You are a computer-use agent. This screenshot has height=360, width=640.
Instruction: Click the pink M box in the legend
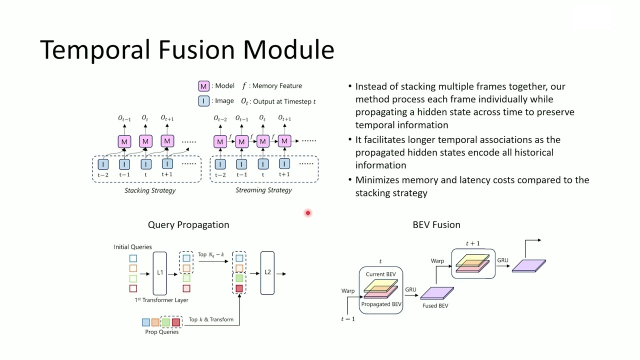coord(203,86)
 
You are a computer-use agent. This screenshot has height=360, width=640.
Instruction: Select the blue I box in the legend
coord(203,101)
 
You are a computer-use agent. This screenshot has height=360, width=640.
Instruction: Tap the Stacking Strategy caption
coord(150,190)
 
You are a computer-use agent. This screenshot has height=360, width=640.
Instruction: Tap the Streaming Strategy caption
coord(263,190)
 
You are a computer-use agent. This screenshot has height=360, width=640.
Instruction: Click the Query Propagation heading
coord(188,225)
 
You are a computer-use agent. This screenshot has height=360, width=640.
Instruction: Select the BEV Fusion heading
coord(436,225)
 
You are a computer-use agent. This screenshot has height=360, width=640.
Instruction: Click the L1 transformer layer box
coord(160,273)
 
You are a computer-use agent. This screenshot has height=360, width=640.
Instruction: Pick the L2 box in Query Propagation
coord(267,273)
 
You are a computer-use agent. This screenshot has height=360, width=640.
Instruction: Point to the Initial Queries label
coord(132,247)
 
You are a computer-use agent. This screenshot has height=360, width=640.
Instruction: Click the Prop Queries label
coord(161,332)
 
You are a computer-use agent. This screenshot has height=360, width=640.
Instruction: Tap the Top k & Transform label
coord(211,319)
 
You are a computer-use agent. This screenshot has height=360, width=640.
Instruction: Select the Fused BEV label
coord(435,306)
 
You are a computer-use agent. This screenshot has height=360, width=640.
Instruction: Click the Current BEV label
coord(380,274)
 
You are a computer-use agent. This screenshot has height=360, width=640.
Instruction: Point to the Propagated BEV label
coord(381,304)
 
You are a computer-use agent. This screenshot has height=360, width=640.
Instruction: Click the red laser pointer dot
coord(308,213)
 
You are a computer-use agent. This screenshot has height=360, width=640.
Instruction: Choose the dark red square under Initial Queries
coord(133,288)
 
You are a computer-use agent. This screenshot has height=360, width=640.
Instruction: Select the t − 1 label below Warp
coord(348,319)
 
